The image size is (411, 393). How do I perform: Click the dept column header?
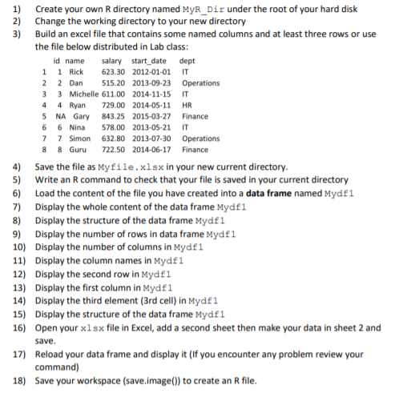[x=188, y=61]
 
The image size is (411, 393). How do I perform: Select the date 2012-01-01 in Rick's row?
[x=152, y=72]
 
